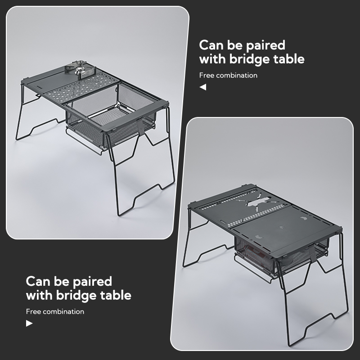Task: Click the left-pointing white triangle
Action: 203,87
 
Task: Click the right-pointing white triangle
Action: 29,323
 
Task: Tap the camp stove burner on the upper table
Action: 79,68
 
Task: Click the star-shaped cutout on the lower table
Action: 257,202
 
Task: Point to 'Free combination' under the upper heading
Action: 228,75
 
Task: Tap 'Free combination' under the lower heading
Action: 55,311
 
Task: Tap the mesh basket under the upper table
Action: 110,129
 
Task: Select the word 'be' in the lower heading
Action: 61,282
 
